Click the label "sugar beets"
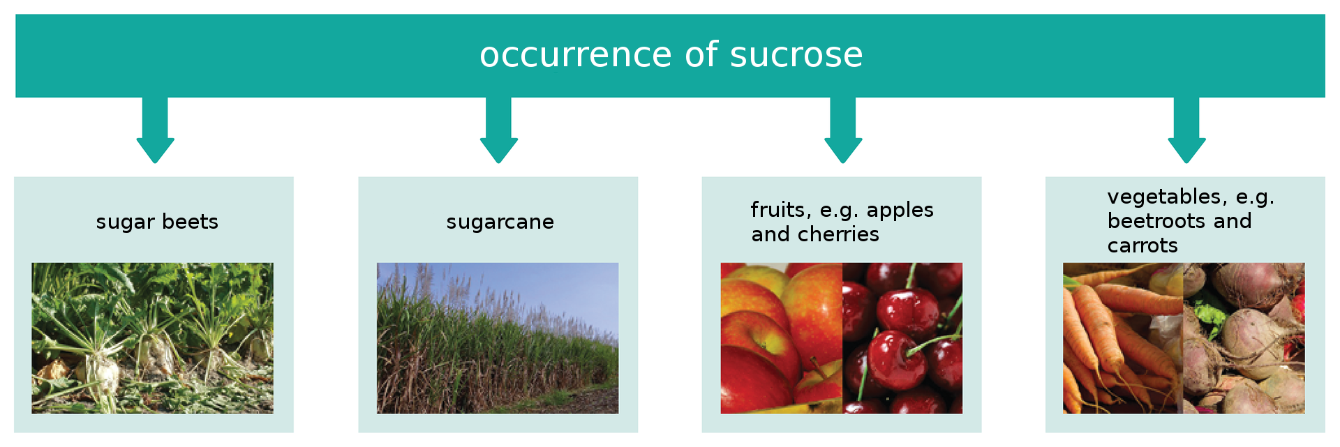pyautogui.click(x=157, y=222)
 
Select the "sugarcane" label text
pyautogui.click(x=500, y=222)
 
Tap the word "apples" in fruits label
pyautogui.click(x=900, y=210)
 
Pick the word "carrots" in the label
pyautogui.click(x=1142, y=245)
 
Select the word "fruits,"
pyautogui.click(x=781, y=210)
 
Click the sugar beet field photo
pyautogui.click(x=152, y=338)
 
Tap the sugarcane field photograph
pyautogui.click(x=497, y=349)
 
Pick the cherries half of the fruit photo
pyautogui.click(x=902, y=338)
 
